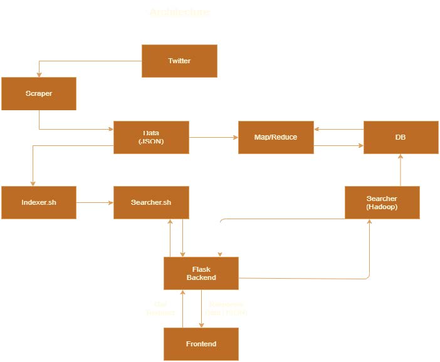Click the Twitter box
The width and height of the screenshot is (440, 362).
(x=179, y=61)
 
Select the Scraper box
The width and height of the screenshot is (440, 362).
(x=39, y=93)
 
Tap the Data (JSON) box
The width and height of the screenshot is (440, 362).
(x=151, y=137)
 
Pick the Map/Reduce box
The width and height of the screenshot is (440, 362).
(x=276, y=137)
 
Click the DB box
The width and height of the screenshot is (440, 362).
(x=401, y=137)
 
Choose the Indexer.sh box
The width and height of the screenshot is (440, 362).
(x=39, y=202)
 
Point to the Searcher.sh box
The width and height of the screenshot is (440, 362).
(x=151, y=202)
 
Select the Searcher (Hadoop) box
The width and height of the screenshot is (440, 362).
(x=382, y=202)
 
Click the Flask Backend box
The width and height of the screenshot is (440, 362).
(x=201, y=273)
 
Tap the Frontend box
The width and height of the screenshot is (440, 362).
(x=201, y=344)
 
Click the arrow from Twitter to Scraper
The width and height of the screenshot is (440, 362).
(x=88, y=61)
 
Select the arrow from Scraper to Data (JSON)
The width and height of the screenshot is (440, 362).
(x=75, y=129)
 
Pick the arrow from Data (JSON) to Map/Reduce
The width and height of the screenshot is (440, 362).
(x=214, y=137)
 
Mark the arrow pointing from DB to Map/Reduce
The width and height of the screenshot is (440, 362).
(x=338, y=129)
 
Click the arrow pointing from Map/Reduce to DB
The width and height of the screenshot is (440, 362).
(x=338, y=146)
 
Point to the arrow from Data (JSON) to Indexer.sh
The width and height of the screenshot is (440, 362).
(x=33, y=163)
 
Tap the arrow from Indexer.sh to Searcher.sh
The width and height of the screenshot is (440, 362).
(x=95, y=202)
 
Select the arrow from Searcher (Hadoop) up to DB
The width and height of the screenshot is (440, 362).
(x=401, y=170)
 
